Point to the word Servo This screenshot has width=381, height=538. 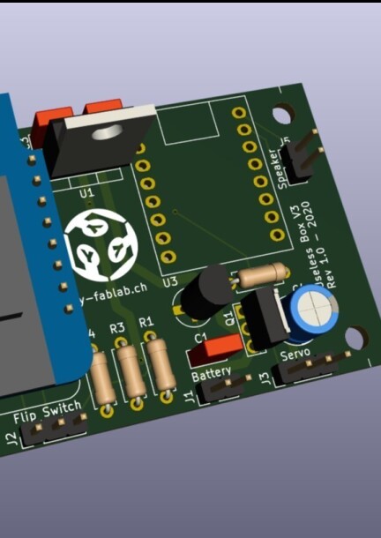click(x=295, y=355)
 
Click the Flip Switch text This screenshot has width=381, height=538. click(x=49, y=410)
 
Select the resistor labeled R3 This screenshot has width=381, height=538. click(x=131, y=373)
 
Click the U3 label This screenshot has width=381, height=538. click(x=169, y=281)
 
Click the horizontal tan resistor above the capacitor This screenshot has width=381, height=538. click(x=262, y=274)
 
